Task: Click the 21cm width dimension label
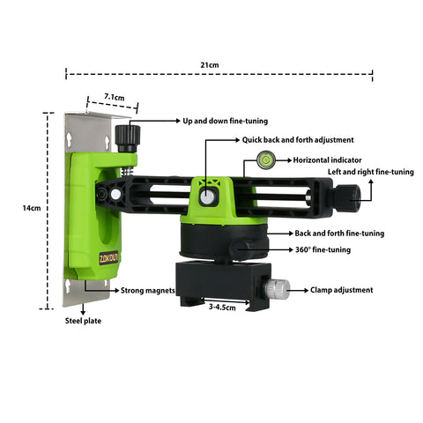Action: pos(210,65)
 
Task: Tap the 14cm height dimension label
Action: pos(32,208)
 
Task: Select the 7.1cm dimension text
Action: pos(115,97)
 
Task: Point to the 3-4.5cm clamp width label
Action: pos(222,308)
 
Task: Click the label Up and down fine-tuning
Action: pos(226,121)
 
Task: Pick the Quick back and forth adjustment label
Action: pos(298,140)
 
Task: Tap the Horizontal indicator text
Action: pos(327,160)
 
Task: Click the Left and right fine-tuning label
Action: pos(371,172)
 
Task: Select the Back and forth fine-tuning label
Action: pos(339,234)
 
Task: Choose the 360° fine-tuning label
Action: pos(323,249)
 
